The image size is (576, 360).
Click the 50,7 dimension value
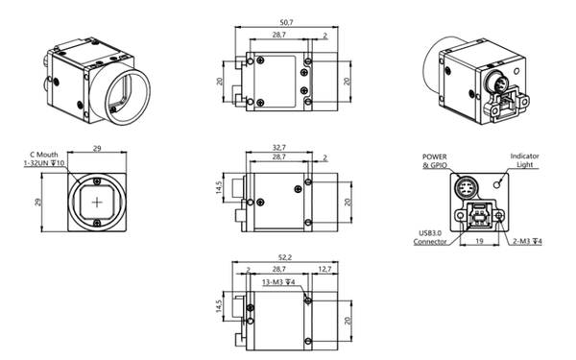coord(286,22)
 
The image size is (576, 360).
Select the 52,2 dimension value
coord(285,257)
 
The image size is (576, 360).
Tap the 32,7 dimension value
coord(279,148)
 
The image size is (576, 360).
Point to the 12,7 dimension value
coord(324,269)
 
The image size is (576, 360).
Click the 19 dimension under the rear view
coord(479,241)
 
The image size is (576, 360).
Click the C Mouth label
coord(44,155)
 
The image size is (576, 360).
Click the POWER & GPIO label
coord(435,161)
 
